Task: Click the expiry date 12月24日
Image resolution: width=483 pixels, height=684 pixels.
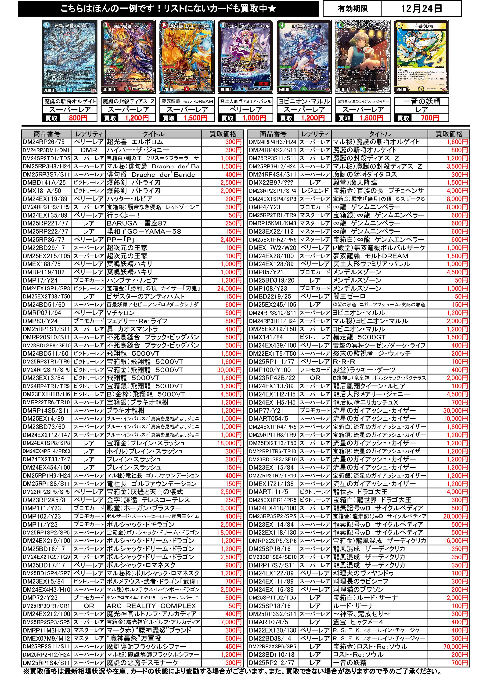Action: click(421, 8)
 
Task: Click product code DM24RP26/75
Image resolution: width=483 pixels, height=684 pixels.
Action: click(43, 142)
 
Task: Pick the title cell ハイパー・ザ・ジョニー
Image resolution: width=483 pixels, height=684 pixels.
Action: click(138, 150)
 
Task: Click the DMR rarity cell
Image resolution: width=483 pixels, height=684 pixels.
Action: click(89, 150)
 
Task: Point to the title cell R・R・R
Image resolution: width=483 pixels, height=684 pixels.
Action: click(344, 362)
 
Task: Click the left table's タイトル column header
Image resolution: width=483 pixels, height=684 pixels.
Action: click(153, 134)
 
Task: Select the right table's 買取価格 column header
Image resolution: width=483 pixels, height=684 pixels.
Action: click(449, 134)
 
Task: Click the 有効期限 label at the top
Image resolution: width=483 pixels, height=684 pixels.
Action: click(353, 9)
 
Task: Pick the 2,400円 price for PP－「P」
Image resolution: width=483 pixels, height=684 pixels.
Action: click(231, 240)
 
